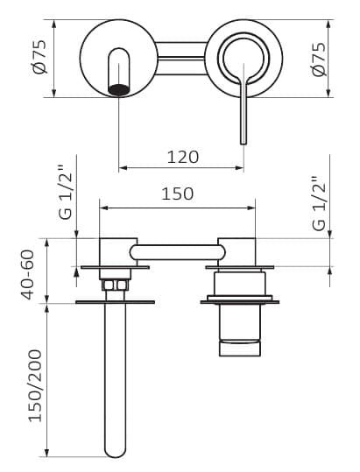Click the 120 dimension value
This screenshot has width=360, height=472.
(x=183, y=157)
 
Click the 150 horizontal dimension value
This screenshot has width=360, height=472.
(x=177, y=194)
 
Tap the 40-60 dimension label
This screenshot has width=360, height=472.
(x=28, y=275)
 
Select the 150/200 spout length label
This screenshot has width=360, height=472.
(x=35, y=385)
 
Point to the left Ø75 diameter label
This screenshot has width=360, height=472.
(x=40, y=57)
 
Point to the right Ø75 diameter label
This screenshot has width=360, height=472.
(x=319, y=60)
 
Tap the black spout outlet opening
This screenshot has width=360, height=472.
(x=119, y=89)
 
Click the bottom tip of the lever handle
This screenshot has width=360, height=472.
(x=244, y=144)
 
